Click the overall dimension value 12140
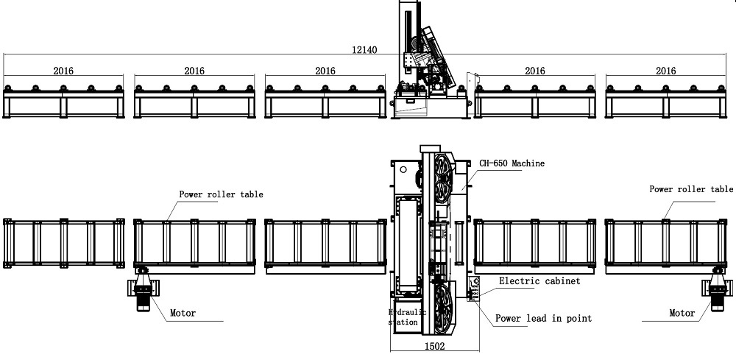click(x=364, y=49)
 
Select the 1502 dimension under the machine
click(x=435, y=347)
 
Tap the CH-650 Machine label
click(x=512, y=163)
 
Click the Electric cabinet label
click(x=539, y=280)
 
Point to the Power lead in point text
click(x=544, y=318)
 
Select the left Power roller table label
click(x=221, y=194)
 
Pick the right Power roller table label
click(x=691, y=189)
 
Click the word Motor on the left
click(x=183, y=313)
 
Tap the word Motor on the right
click(x=682, y=313)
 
